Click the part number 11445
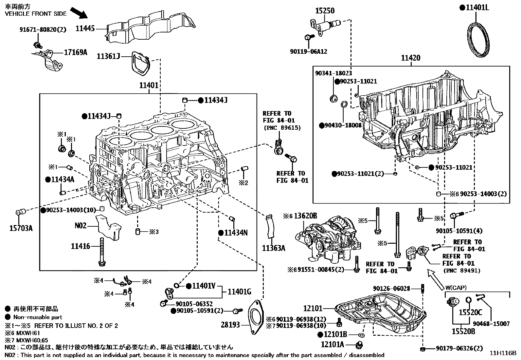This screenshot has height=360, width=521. pyautogui.click(x=85, y=28)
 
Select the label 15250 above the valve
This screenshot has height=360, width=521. pyautogui.click(x=325, y=10)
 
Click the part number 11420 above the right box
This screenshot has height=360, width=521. pyautogui.click(x=411, y=58)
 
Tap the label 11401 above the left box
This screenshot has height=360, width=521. pyautogui.click(x=149, y=86)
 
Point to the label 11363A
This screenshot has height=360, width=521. pyautogui.click(x=273, y=248)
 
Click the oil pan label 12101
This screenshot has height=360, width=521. pyautogui.click(x=313, y=308)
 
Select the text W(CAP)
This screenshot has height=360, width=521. pyautogui.click(x=456, y=288)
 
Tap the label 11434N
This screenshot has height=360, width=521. pyautogui.click(x=236, y=233)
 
